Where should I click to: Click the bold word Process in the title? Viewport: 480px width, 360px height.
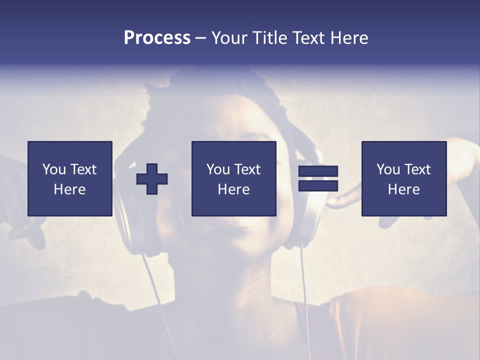[157, 38]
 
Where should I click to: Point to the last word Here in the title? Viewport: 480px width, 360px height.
[349, 38]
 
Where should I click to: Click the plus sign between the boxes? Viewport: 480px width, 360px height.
[152, 179]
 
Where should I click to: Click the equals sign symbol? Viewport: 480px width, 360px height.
[318, 178]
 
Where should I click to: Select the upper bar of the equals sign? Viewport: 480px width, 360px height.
[318, 171]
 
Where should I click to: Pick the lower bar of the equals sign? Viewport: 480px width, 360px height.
[318, 186]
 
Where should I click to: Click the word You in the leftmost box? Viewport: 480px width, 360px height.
[54, 169]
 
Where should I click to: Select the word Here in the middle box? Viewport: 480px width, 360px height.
[233, 189]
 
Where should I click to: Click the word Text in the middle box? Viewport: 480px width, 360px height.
[247, 169]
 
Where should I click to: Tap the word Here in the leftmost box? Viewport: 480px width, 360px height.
[69, 189]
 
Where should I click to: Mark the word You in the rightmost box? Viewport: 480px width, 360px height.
[388, 169]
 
